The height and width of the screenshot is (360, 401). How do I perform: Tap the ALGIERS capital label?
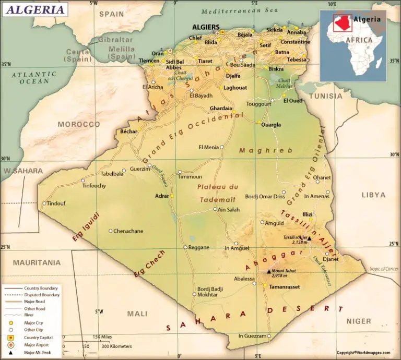tap(206, 27)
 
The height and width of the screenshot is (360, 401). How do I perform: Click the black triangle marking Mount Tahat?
tap(269, 271)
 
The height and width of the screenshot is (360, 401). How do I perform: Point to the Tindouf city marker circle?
tap(44, 203)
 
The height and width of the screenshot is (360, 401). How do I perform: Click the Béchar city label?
tap(128, 131)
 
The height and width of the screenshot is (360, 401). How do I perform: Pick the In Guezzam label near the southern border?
tap(252, 336)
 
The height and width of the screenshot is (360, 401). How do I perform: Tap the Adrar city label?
tap(162, 196)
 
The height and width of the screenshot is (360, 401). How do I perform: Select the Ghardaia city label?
tap(220, 108)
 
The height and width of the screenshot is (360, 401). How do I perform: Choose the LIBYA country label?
tap(373, 195)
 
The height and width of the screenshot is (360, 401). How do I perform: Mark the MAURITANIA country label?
tap(37, 262)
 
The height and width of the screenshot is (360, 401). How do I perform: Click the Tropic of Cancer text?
tap(384, 269)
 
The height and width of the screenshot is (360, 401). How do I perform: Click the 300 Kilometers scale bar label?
tap(116, 346)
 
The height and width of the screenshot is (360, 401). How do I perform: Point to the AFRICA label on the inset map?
tap(360, 40)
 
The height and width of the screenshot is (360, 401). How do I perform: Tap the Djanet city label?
tap(331, 259)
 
